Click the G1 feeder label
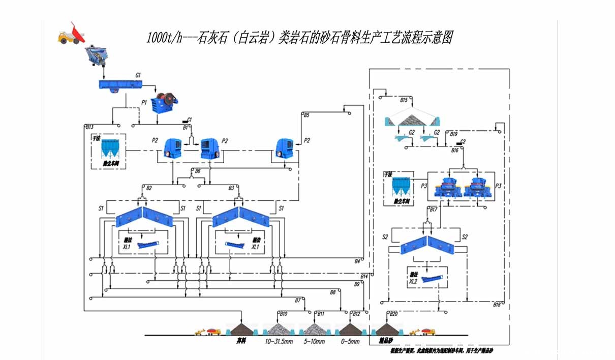138,75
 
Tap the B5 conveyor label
306,115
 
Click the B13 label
90,127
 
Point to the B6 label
198,171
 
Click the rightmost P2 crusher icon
285,148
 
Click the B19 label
454,134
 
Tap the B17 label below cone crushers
433,209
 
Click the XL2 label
413,281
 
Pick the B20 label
393,313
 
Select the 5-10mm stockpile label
314,342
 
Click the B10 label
283,313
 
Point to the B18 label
497,304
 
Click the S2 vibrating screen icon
427,245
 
